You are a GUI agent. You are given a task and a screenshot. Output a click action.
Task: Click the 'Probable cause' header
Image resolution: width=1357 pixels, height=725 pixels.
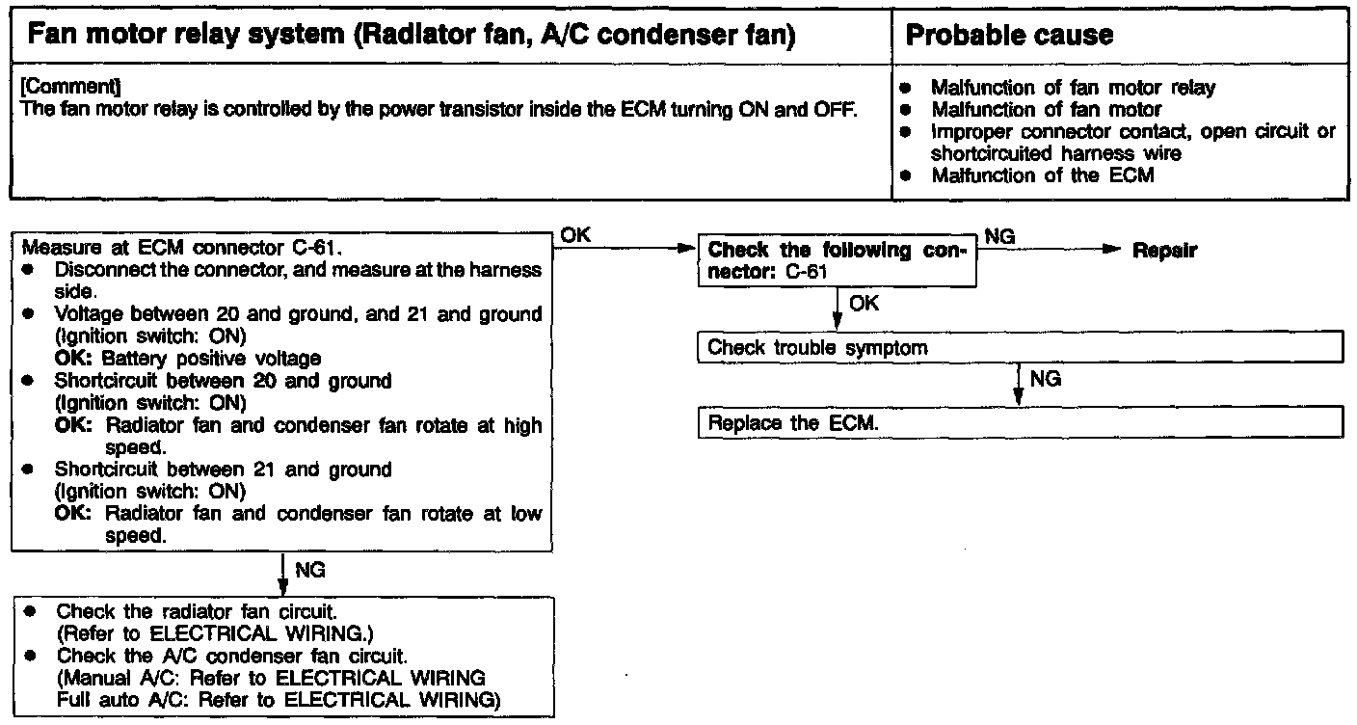point(1010,36)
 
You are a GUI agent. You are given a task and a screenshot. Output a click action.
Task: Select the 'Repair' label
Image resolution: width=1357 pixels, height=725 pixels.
point(1164,251)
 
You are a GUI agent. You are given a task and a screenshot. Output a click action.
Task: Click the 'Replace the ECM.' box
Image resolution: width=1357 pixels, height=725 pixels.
point(1019,423)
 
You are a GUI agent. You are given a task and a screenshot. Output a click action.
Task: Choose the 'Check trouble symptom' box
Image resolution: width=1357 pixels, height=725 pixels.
point(1019,347)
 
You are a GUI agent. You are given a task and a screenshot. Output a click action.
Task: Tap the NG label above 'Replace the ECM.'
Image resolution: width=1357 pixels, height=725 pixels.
point(1045,379)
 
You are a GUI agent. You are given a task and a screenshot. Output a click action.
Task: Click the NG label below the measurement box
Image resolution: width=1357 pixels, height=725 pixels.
point(309,571)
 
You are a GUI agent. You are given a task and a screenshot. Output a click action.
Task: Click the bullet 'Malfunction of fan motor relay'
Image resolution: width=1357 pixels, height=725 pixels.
point(1073,88)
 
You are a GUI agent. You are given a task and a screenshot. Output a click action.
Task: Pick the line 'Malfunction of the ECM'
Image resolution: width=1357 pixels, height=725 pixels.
point(1042,175)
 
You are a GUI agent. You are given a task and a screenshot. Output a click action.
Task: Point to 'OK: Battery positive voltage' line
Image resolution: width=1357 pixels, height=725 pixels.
point(188,359)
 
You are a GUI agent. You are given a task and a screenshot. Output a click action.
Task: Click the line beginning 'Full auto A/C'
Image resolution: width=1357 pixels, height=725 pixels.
point(279,700)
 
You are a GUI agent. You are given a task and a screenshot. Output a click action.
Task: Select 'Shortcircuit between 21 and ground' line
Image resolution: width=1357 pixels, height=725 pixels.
point(223,470)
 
